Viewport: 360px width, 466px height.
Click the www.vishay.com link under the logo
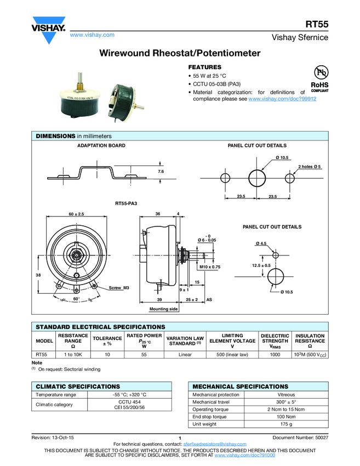click(92, 35)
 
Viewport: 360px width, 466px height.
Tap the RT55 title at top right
click(317, 24)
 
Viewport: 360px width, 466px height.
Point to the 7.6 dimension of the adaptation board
click(161, 172)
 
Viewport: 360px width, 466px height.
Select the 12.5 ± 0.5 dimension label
click(261, 265)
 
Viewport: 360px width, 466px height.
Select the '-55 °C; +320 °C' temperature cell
click(129, 395)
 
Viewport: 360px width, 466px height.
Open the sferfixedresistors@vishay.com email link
click(215, 444)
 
